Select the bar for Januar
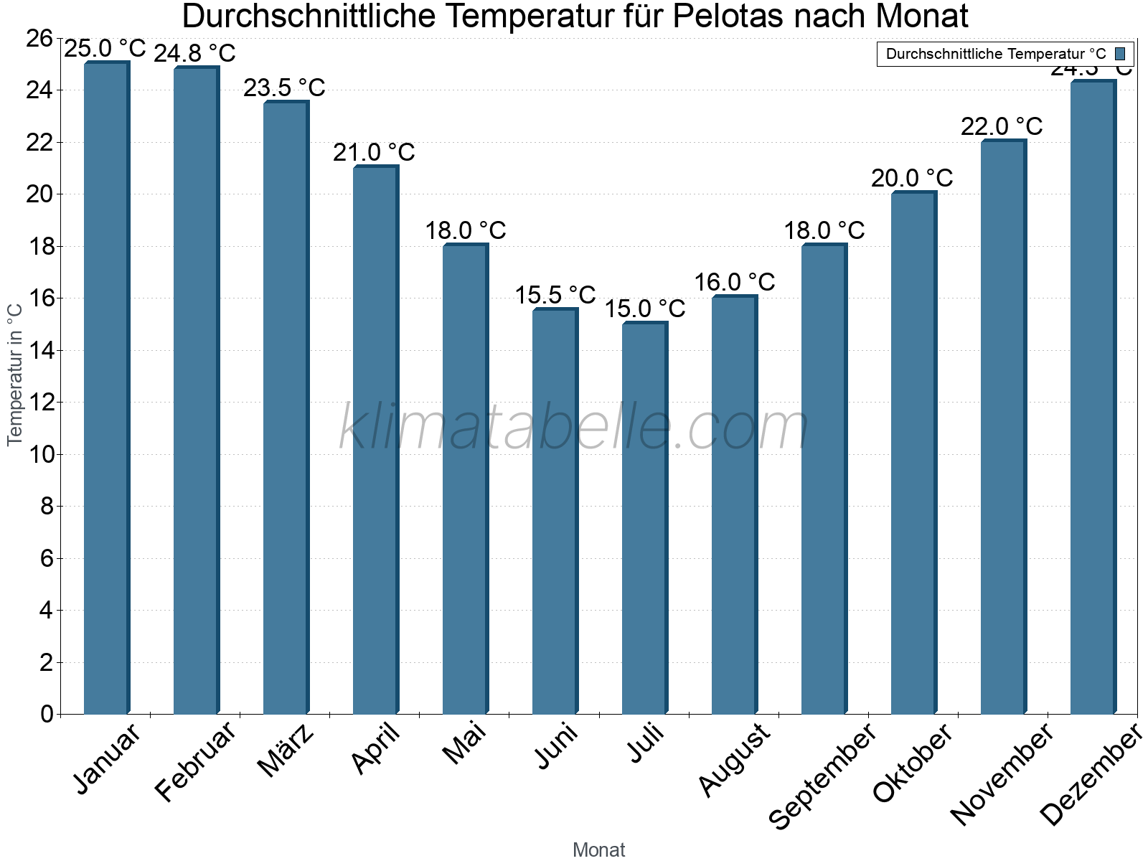pyautogui.click(x=106, y=387)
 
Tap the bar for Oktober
pyautogui.click(x=913, y=453)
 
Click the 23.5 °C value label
pyautogui.click(x=284, y=88)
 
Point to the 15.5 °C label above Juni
pyautogui.click(x=555, y=295)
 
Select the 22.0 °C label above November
pyautogui.click(x=1002, y=127)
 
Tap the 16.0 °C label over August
pyautogui.click(x=735, y=282)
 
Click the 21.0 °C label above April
pyautogui.click(x=374, y=153)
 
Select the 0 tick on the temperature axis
pyautogui.click(x=47, y=714)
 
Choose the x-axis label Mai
pyautogui.click(x=464, y=744)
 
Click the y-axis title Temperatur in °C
pyautogui.click(x=15, y=375)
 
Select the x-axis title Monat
pyautogui.click(x=599, y=850)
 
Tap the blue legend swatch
pyautogui.click(x=1120, y=54)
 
